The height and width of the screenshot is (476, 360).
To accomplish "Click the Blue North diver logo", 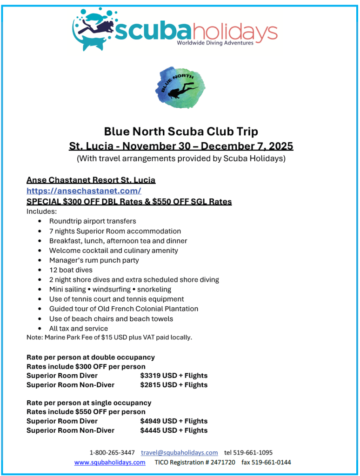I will click(180, 87).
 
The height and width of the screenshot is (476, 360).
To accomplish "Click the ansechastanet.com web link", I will click(84, 191).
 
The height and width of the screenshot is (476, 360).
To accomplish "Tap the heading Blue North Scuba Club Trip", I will click(181, 132).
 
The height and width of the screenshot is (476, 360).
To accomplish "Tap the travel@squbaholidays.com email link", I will click(180, 452).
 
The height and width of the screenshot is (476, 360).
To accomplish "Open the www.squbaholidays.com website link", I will click(110, 462).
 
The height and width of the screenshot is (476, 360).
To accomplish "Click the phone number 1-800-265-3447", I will click(112, 452).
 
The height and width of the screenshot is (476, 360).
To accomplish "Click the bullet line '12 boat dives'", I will click(71, 270).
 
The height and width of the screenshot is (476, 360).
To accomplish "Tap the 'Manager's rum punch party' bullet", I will click(94, 260).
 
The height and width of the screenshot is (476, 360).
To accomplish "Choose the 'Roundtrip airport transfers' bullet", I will click(93, 221).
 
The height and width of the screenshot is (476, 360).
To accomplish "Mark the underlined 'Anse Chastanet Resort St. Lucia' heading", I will click(91, 180).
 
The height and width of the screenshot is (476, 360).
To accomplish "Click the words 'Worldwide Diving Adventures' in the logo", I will click(215, 43).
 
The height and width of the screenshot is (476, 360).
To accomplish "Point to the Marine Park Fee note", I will click(109, 337).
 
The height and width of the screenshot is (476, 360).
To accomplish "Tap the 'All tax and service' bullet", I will click(79, 328).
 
